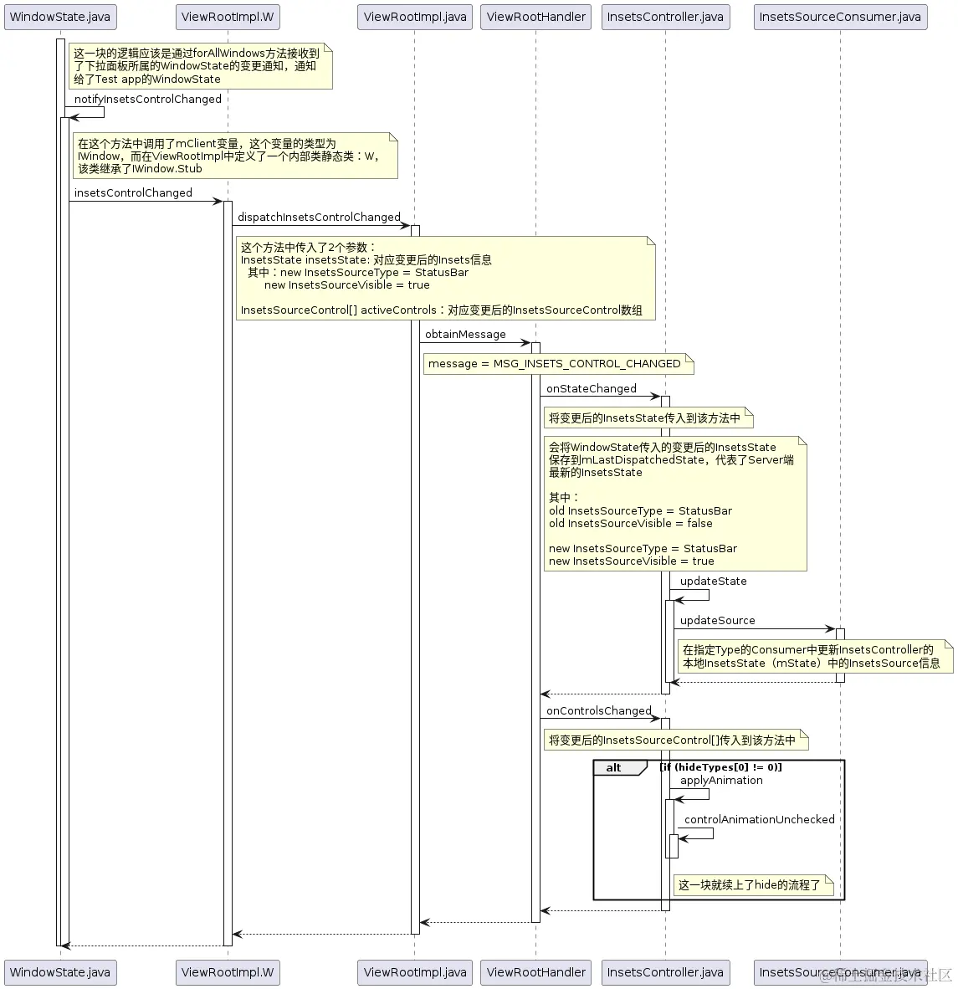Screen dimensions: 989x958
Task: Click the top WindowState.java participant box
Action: (59, 17)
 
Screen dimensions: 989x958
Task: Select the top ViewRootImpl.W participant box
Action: (228, 17)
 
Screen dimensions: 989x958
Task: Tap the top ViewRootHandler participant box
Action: (535, 17)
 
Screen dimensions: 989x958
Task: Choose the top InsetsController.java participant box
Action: (665, 17)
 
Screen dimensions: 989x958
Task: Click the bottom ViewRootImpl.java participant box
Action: (415, 972)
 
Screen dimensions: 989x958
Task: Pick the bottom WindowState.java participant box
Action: (59, 972)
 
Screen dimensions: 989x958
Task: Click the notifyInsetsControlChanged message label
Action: (148, 100)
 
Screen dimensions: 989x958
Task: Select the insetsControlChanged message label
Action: (133, 193)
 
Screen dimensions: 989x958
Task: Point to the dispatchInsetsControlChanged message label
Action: (319, 218)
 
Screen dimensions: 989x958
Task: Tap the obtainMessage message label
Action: (465, 335)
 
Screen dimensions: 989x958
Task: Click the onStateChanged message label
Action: (592, 389)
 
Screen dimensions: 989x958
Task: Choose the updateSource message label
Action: (717, 621)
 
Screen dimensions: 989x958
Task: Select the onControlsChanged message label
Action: (598, 711)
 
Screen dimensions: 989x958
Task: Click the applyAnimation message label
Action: (721, 781)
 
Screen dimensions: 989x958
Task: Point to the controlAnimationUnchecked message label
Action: (759, 820)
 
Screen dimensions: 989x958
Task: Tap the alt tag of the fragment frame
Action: (614, 768)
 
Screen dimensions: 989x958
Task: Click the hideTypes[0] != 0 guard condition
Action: (720, 767)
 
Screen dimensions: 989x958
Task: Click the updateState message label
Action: (713, 582)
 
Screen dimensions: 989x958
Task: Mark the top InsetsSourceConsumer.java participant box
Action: (840, 17)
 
